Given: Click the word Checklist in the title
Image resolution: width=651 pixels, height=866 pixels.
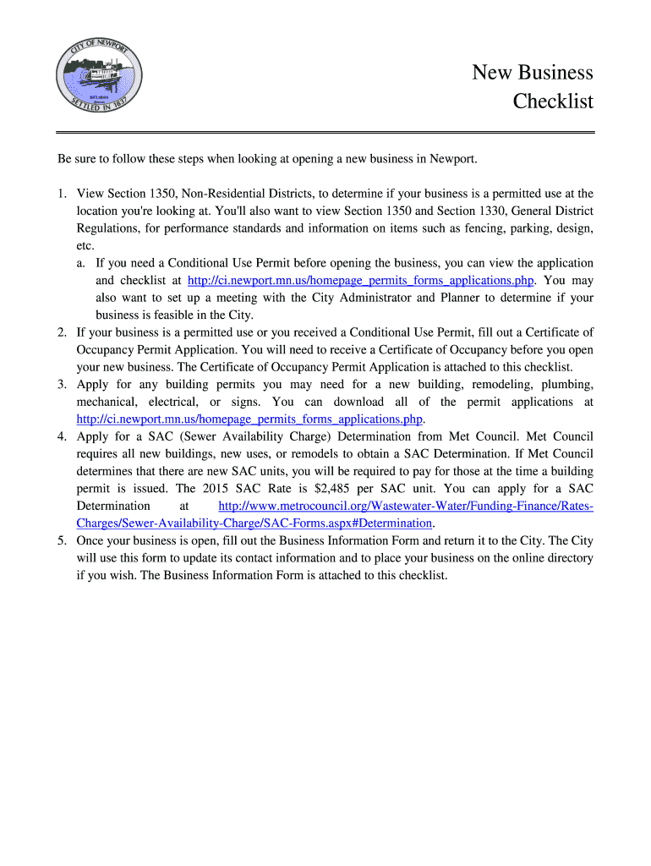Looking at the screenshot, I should coord(553,102).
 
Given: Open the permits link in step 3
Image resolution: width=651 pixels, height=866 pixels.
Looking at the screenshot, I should coord(249,419).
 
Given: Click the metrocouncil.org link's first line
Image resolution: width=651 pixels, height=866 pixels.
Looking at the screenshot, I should coord(405,506).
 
